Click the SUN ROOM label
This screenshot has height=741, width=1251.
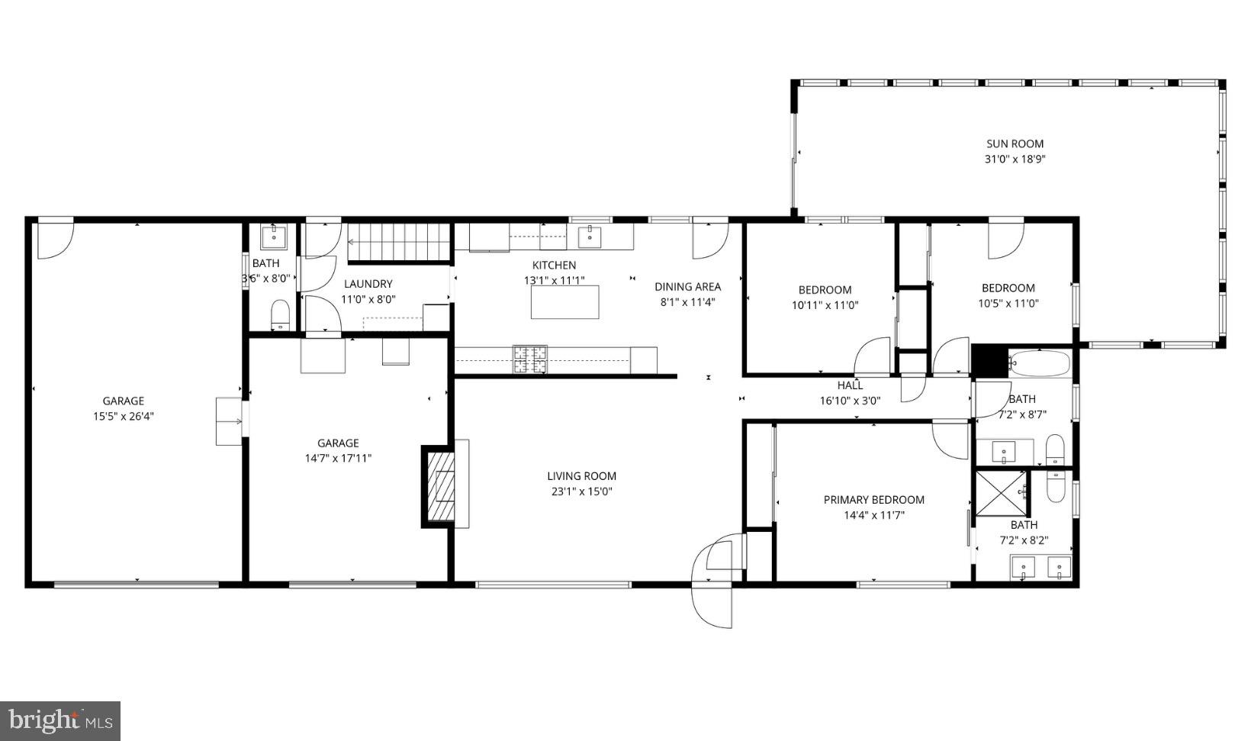(x=1014, y=143)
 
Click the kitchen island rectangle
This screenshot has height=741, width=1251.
(x=564, y=302)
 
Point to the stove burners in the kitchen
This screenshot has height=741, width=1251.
(x=529, y=359)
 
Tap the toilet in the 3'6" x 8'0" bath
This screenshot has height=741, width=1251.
(x=281, y=314)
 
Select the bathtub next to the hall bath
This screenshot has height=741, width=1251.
(x=1040, y=363)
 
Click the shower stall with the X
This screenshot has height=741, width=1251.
(x=1002, y=493)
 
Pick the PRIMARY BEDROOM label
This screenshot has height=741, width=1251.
(x=873, y=500)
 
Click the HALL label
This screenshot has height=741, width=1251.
(x=850, y=385)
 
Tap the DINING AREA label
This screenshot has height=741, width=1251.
(x=687, y=287)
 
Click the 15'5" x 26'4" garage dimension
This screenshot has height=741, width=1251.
(x=123, y=417)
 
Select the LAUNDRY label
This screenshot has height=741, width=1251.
(x=368, y=284)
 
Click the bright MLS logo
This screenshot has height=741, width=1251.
(x=60, y=720)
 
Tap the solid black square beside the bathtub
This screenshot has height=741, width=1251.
(x=989, y=361)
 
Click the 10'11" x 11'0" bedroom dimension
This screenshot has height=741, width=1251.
(x=825, y=305)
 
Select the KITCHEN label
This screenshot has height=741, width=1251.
(x=554, y=266)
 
